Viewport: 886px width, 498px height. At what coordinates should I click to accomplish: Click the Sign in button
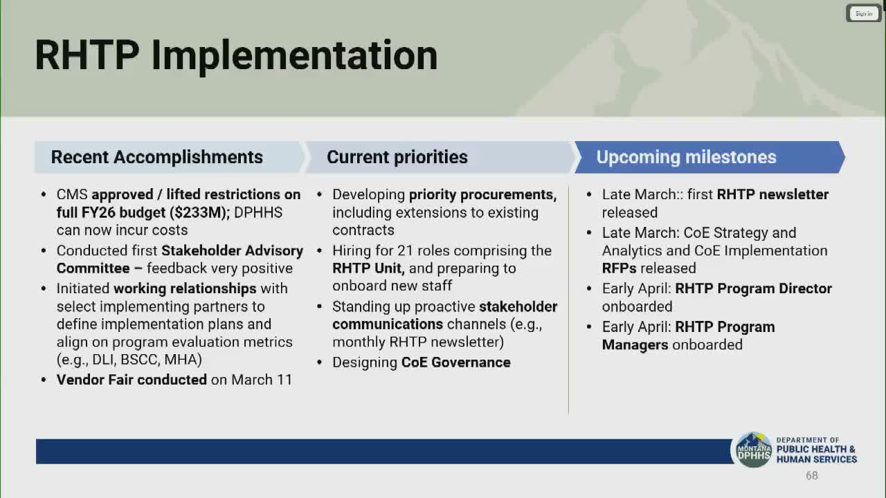click(863, 13)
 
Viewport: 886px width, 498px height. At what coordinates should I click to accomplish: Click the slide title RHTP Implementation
click(236, 55)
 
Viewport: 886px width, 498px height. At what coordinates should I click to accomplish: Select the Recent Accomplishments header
click(156, 157)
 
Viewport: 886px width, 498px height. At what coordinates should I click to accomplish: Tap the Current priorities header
click(397, 157)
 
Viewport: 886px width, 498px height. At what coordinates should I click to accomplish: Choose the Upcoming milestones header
click(686, 157)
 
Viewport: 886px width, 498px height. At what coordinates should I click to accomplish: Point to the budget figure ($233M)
click(199, 212)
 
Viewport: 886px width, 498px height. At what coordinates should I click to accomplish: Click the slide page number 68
click(812, 475)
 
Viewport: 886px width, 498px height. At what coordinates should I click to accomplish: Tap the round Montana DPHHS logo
click(754, 450)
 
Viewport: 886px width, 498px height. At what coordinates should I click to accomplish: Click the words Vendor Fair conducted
click(132, 380)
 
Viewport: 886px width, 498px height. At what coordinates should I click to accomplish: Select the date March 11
click(262, 380)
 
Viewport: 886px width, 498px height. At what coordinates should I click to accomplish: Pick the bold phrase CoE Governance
click(455, 362)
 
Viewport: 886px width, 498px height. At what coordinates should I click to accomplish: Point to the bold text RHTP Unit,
click(368, 268)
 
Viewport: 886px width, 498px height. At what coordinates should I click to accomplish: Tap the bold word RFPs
click(619, 268)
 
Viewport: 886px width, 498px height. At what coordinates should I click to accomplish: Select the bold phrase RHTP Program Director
click(754, 288)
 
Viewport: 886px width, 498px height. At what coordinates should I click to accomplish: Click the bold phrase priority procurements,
click(482, 195)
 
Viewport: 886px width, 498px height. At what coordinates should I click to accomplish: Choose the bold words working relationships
click(185, 289)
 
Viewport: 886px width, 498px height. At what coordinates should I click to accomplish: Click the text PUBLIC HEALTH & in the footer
click(815, 449)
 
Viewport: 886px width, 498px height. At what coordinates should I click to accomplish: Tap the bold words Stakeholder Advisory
click(232, 251)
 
